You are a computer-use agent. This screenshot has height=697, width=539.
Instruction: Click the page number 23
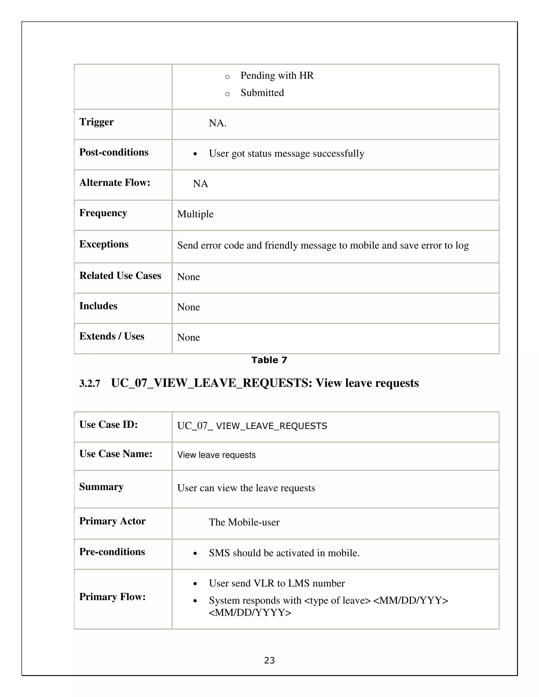coord(269,660)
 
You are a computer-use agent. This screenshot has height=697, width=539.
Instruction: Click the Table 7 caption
coord(269,360)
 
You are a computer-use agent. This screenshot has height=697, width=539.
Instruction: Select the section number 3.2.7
coord(90,383)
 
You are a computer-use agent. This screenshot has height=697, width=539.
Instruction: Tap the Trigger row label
coord(96,122)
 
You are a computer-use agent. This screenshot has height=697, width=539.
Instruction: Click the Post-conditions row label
coord(114,152)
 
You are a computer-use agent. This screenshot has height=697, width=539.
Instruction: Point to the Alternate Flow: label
coord(115,183)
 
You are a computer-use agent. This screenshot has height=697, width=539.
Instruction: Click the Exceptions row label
coord(104,244)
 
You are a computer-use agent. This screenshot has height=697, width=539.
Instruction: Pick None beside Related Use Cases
coord(188,277)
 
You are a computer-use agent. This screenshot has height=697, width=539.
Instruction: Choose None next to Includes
coord(188,307)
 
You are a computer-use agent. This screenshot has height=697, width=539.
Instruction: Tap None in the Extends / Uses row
coord(188,337)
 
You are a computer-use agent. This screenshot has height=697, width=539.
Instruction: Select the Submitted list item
coord(262,93)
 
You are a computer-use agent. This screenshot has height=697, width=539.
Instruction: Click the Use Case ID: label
coord(108,425)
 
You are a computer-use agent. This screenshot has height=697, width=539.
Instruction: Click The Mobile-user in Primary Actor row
coord(244,522)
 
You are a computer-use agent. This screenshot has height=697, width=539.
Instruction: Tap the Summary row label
coord(101,487)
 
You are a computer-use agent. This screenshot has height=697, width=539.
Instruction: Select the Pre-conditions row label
coord(112,552)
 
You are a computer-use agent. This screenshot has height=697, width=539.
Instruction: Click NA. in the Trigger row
coord(217,123)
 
